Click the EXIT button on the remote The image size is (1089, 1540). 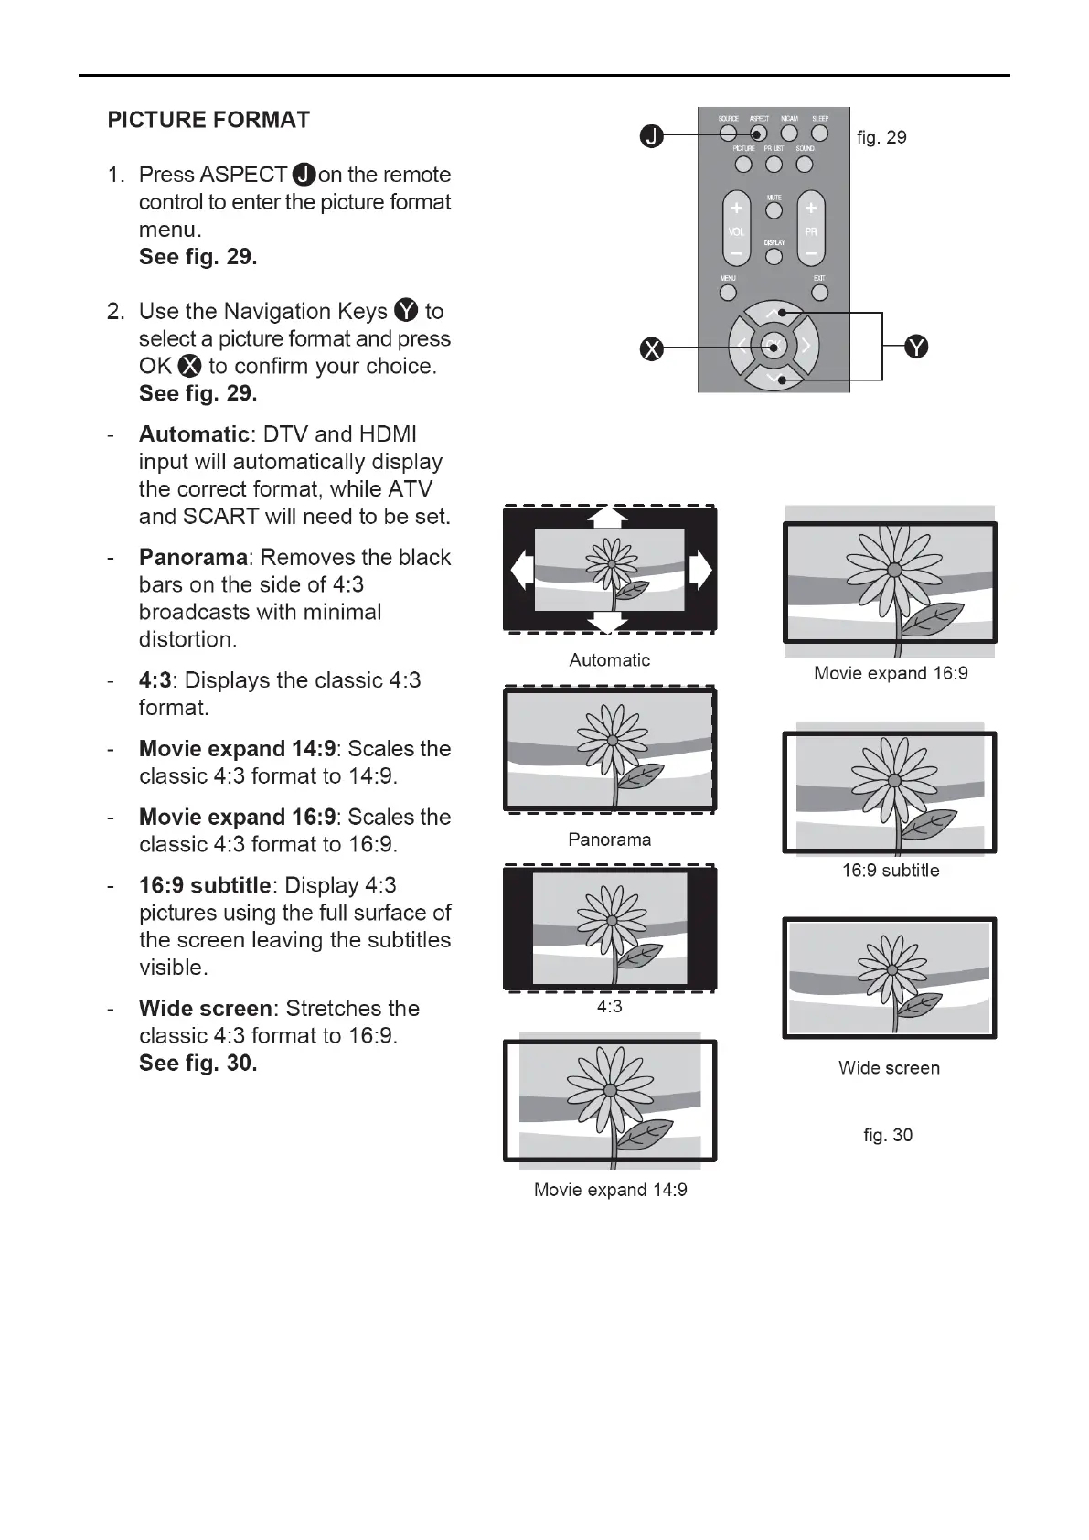[819, 293]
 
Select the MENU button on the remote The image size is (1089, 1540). [728, 293]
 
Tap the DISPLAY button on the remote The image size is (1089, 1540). [774, 257]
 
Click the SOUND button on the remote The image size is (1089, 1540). [805, 165]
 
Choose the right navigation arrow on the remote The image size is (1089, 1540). [806, 346]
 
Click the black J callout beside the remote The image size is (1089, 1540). [651, 137]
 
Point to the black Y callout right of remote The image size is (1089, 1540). [916, 347]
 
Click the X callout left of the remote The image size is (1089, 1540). [651, 348]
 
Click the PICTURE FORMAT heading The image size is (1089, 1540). [208, 120]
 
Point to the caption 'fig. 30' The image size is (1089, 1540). [888, 1135]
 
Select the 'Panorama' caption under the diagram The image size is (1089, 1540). [609, 840]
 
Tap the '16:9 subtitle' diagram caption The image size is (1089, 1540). [891, 871]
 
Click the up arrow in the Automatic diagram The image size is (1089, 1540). [608, 518]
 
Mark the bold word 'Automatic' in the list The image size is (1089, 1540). [193, 434]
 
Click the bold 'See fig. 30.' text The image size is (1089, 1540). [198, 1063]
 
